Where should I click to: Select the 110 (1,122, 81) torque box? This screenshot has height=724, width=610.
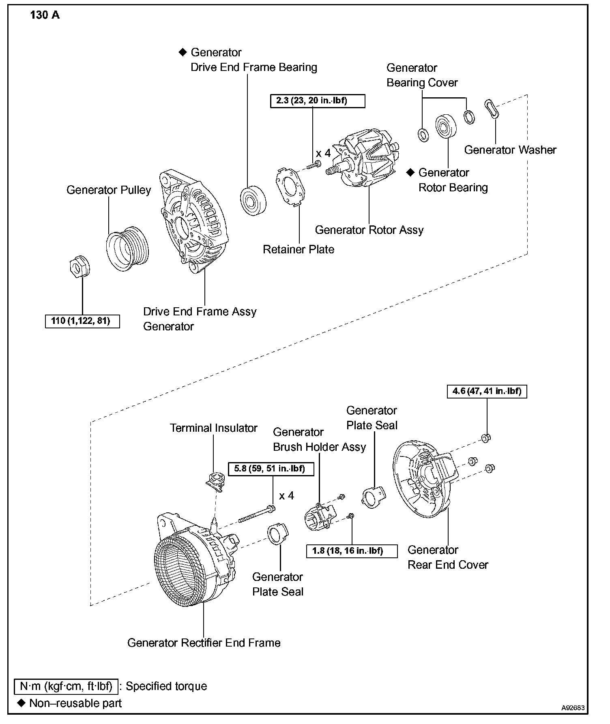[x=82, y=321]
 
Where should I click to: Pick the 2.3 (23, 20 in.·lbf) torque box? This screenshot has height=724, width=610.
[x=318, y=101]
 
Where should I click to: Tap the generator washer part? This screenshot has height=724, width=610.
[x=491, y=108]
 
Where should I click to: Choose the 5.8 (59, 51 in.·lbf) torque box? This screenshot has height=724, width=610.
[x=269, y=469]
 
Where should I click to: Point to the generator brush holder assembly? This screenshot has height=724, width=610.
[x=320, y=517]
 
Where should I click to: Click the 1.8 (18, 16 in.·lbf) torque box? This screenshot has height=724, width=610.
[x=352, y=550]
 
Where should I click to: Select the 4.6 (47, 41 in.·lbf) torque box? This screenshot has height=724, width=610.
[x=487, y=391]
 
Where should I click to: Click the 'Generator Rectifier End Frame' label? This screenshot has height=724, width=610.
[x=204, y=642]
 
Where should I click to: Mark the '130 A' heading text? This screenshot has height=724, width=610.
[x=45, y=15]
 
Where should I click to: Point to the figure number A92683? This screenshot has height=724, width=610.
[x=573, y=708]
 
